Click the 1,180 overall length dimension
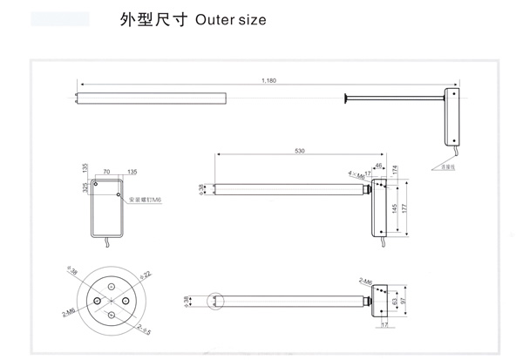pyautogui.click(x=268, y=81)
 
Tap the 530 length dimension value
pyautogui.click(x=299, y=152)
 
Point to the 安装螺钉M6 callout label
pyautogui.click(x=145, y=200)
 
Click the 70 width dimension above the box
pyautogui.click(x=106, y=173)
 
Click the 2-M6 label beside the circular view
pyautogui.click(x=65, y=310)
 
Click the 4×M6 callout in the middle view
pyautogui.click(x=356, y=174)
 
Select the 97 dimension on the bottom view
pyautogui.click(x=403, y=301)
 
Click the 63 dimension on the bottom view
pyautogui.click(x=393, y=301)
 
